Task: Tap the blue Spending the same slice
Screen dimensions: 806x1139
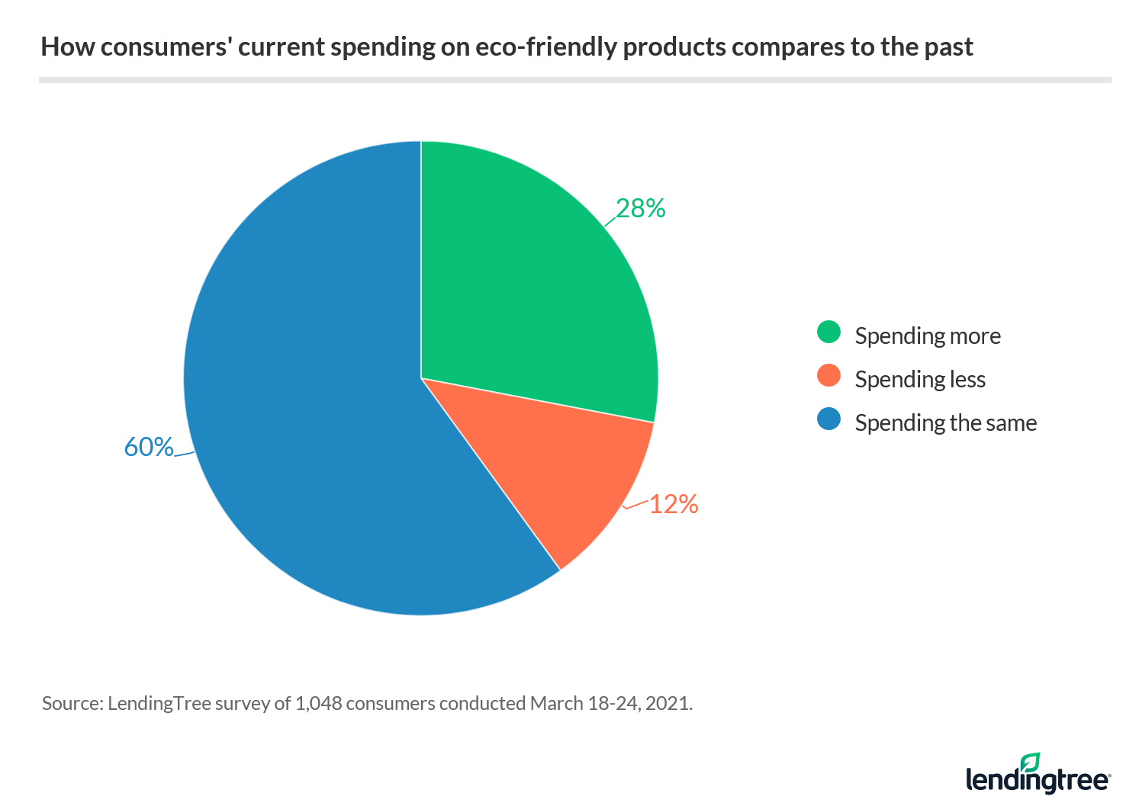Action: [320, 427]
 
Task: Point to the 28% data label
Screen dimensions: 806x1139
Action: [641, 208]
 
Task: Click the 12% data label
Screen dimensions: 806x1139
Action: [674, 504]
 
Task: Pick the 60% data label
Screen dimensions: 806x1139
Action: [149, 447]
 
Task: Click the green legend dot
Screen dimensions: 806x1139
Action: [829, 332]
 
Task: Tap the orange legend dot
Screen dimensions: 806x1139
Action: [829, 376]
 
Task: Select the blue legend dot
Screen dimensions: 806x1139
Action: [829, 419]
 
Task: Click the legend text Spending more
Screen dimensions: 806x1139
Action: [928, 336]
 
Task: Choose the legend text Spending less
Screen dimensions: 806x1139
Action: [920, 379]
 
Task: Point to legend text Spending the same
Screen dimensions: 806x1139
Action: [946, 422]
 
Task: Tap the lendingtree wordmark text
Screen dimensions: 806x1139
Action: [1038, 780]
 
